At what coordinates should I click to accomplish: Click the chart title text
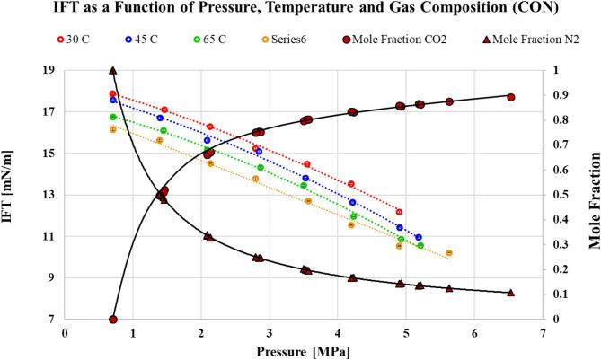300,11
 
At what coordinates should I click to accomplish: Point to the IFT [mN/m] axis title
13,195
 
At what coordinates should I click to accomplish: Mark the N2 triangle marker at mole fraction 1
112,70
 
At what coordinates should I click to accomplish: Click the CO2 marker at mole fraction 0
112,320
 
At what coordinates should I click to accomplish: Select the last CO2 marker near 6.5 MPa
510,97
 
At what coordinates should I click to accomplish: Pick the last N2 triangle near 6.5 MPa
510,292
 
